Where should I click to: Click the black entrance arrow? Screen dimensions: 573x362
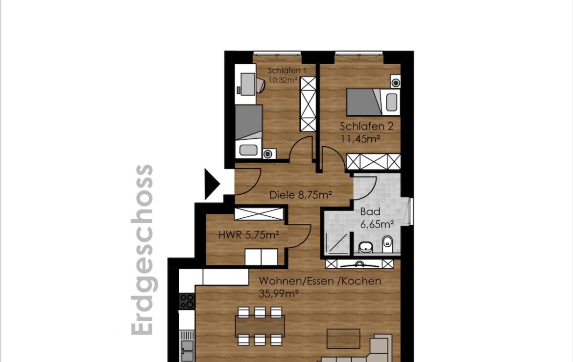[x=212, y=184]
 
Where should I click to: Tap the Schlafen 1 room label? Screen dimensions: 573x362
[x=287, y=71]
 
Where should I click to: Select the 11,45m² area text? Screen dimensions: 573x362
[x=360, y=139]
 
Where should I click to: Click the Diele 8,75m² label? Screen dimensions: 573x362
[x=300, y=195]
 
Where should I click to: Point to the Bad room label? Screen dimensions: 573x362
[x=370, y=211]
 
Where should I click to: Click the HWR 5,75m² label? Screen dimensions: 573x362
[x=248, y=234]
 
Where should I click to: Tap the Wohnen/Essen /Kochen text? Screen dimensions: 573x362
[x=320, y=281]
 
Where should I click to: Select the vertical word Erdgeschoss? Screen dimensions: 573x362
[x=142, y=250]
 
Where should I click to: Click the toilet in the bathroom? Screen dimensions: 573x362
[x=387, y=244]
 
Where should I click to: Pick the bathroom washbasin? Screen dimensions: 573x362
[x=365, y=247]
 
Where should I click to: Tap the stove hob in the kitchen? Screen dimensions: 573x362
[x=187, y=301]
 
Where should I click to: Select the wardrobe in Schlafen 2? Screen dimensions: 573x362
[x=373, y=161]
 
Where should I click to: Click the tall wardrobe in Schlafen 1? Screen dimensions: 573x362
[x=308, y=104]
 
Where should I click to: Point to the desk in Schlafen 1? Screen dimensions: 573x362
[x=245, y=84]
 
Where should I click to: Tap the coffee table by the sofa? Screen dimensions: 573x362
[x=343, y=338]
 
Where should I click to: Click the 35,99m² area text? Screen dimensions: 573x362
[x=279, y=293]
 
